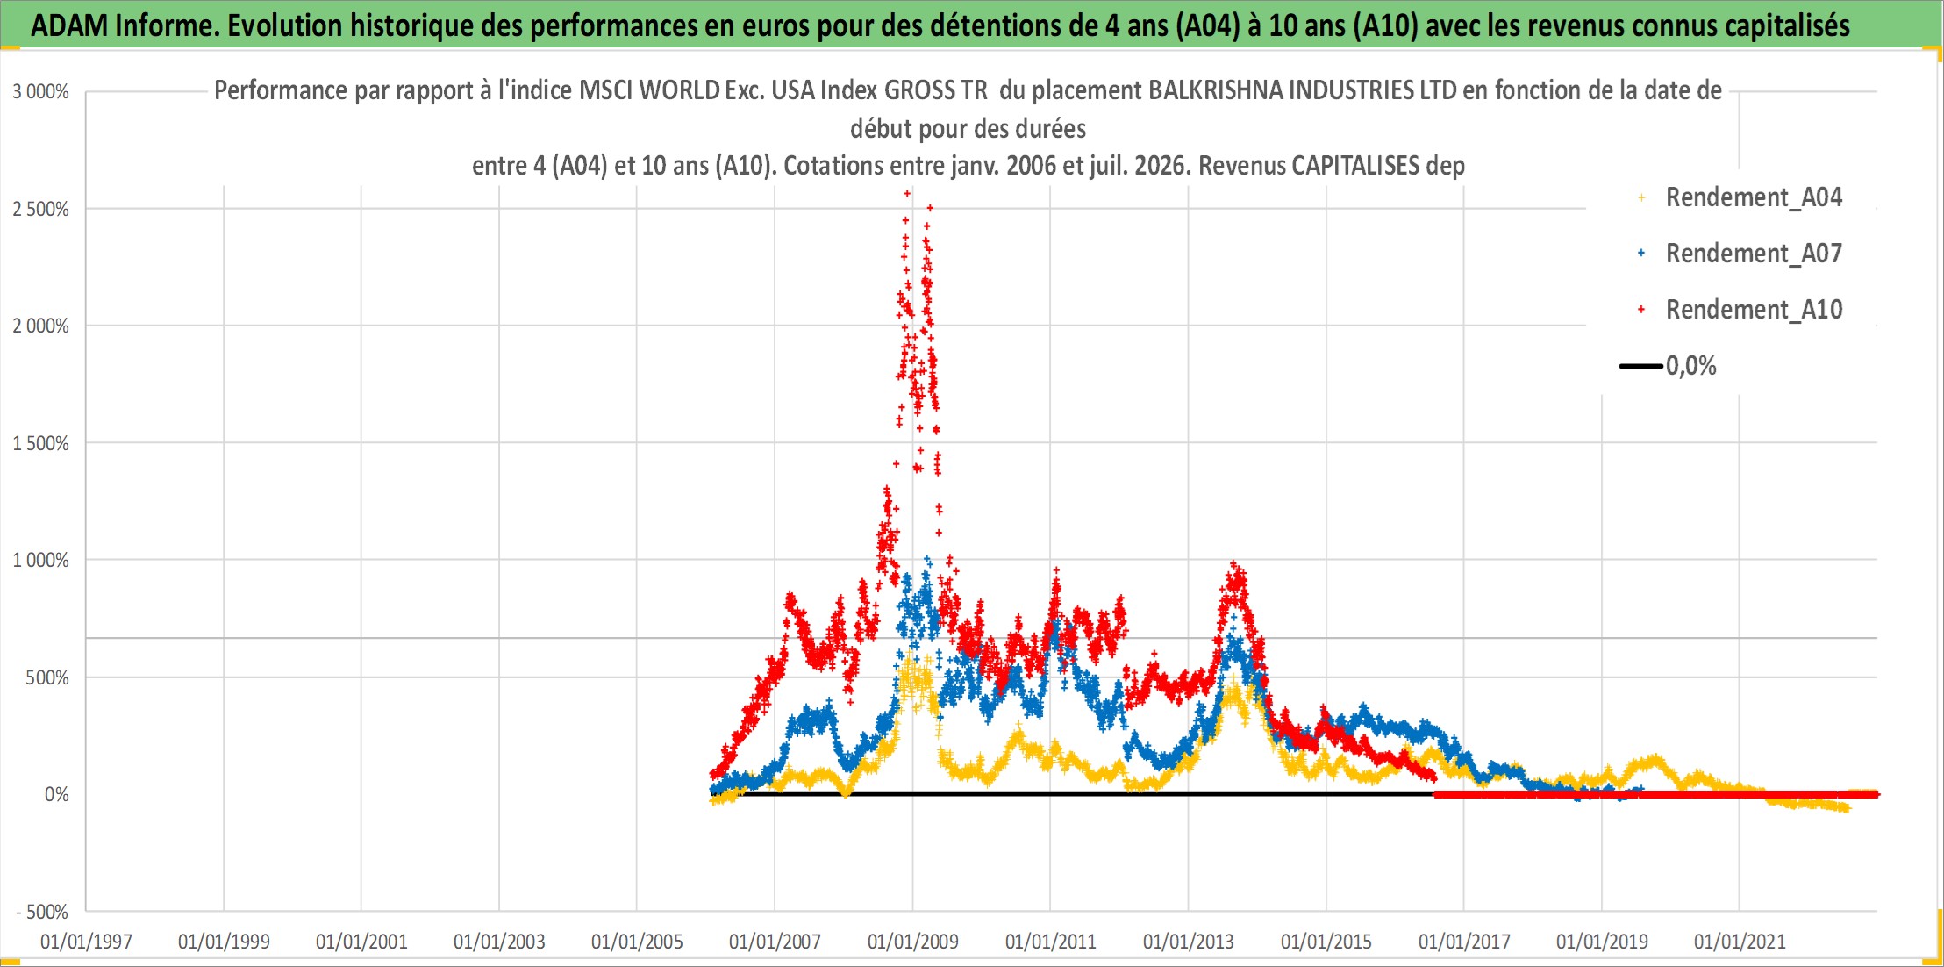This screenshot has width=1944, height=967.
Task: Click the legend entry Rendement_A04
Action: tap(1754, 197)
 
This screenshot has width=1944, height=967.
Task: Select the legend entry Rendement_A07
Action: tap(1754, 254)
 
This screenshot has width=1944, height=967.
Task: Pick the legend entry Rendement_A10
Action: tap(1754, 310)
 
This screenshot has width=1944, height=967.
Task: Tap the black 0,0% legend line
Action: tap(1641, 366)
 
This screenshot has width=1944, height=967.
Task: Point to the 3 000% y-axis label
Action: tap(40, 91)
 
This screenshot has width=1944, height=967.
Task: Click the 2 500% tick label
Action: tap(40, 209)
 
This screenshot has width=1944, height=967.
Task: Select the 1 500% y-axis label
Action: tap(40, 443)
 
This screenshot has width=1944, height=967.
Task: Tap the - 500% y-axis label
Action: tap(42, 912)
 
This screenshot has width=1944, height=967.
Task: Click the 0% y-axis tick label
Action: tap(57, 794)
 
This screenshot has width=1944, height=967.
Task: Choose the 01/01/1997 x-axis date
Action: tap(86, 942)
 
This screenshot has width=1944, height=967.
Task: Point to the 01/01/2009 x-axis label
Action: tap(913, 942)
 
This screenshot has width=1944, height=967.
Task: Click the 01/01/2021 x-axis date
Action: tap(1740, 942)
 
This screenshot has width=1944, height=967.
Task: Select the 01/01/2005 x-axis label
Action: tap(637, 942)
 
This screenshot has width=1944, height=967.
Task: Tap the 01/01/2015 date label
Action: tap(1326, 942)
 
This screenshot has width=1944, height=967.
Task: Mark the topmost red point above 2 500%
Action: tap(907, 193)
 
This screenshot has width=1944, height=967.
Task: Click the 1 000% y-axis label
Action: tap(40, 560)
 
